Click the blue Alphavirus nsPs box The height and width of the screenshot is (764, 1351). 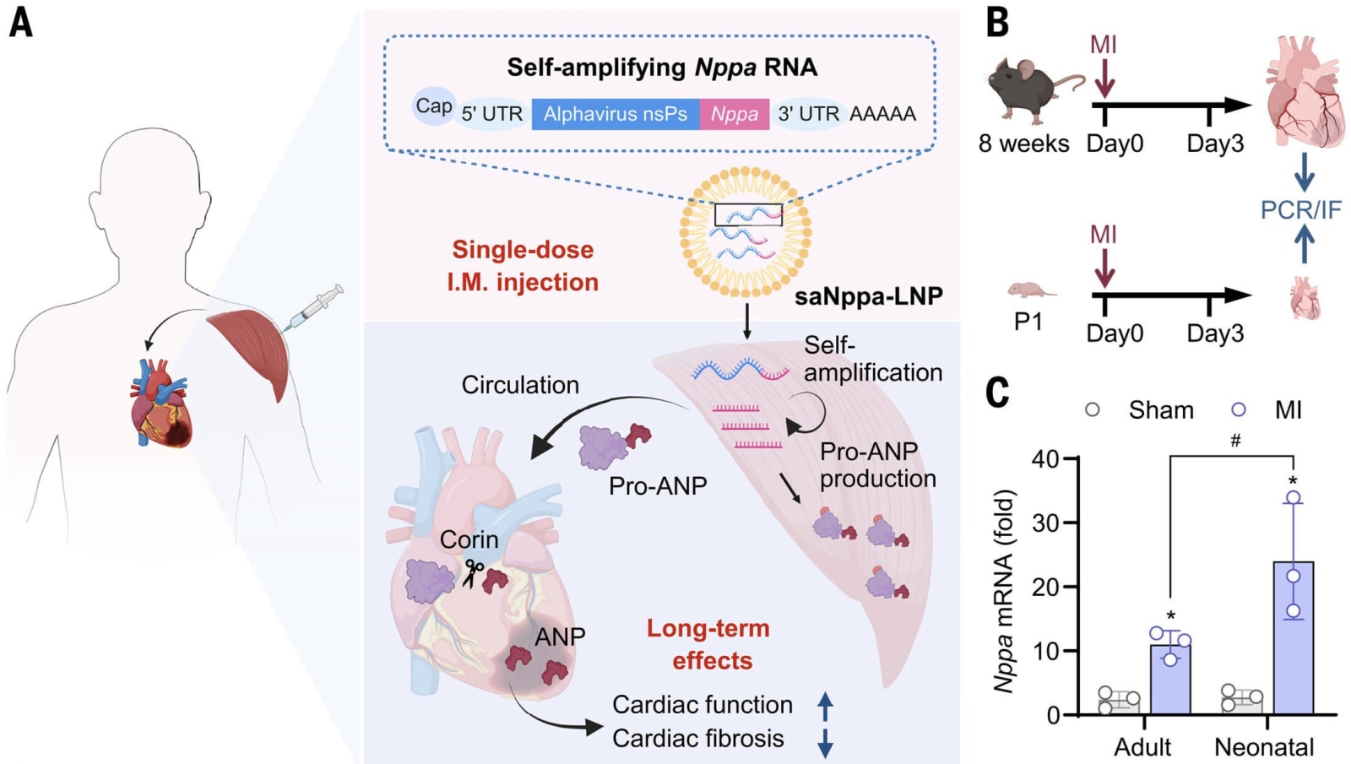(615, 114)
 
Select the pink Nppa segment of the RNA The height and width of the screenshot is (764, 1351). (734, 114)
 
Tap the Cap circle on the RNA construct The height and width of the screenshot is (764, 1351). (433, 106)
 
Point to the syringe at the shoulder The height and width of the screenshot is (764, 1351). (314, 306)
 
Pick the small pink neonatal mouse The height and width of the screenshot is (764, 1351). (1031, 290)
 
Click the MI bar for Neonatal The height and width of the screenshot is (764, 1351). (1293, 638)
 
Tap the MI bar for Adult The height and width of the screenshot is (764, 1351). (1170, 680)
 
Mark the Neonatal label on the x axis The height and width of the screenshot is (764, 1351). (1263, 746)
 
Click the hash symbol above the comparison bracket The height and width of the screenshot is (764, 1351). (1235, 441)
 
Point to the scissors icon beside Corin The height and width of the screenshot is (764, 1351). (473, 573)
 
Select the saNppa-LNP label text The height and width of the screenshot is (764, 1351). (867, 296)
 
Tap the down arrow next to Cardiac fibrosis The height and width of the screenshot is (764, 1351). (825, 741)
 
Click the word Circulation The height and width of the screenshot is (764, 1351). (519, 385)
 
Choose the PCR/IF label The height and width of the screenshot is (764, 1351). (1300, 209)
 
